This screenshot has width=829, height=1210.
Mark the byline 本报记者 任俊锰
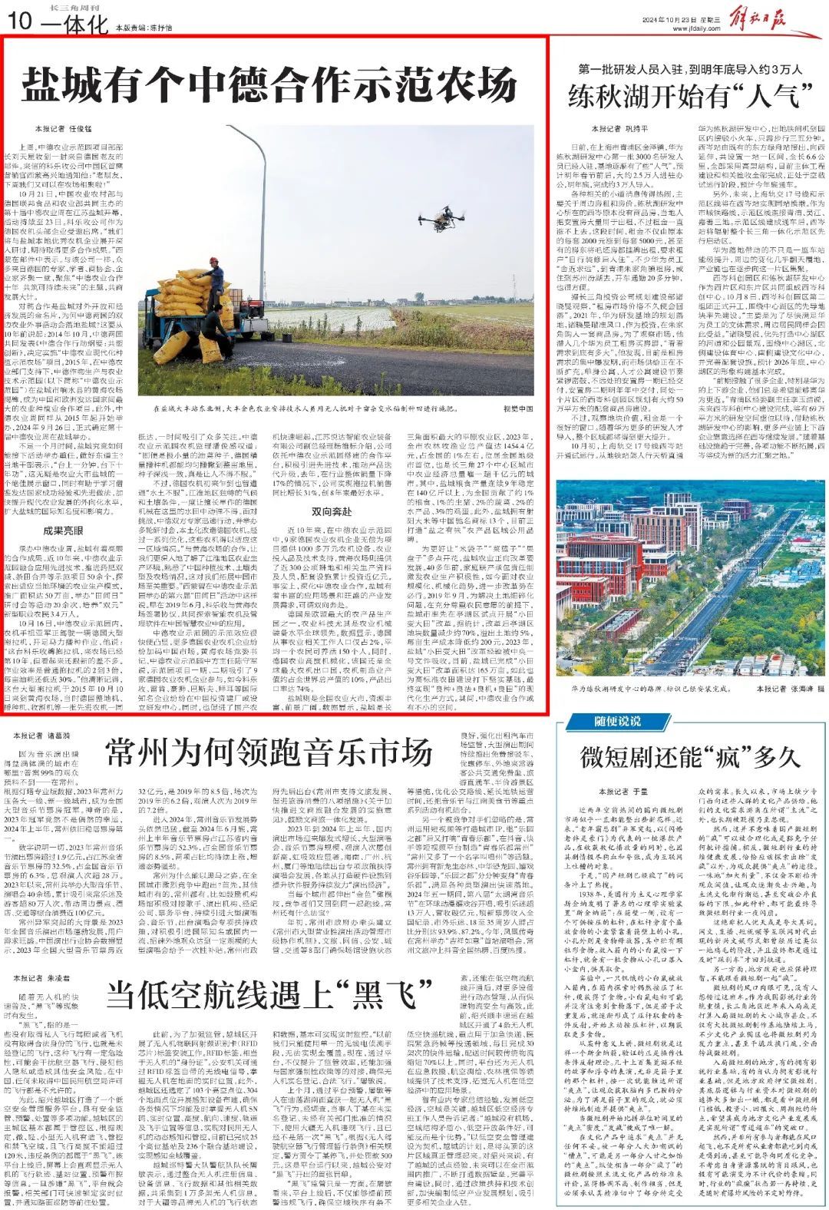(58, 128)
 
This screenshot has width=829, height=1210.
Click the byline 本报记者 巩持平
(619, 128)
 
